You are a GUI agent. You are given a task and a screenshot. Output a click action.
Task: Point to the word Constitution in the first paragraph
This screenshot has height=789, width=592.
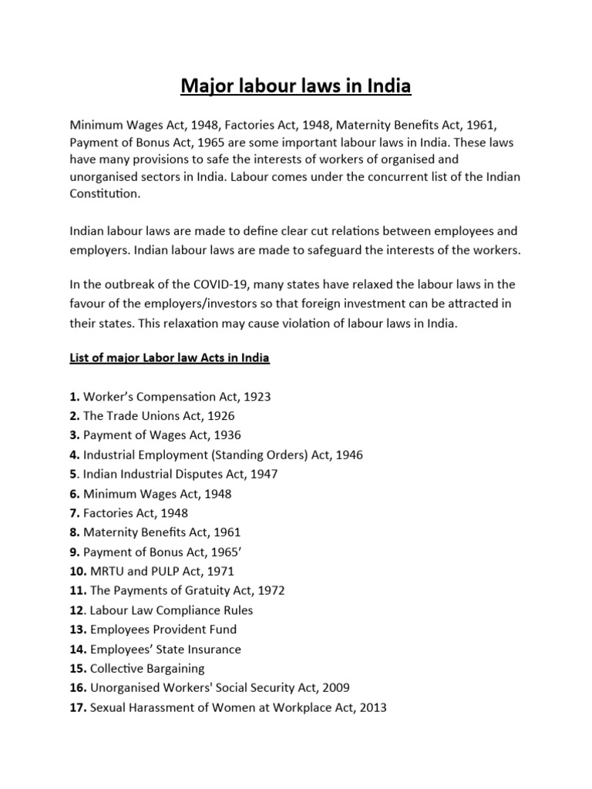[x=106, y=195]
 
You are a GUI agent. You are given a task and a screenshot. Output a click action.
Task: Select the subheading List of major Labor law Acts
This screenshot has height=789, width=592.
[x=170, y=358]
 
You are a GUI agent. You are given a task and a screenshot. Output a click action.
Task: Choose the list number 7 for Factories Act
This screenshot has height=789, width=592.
[x=74, y=512]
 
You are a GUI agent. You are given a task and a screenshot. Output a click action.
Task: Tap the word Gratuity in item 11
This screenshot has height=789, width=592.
[x=208, y=590]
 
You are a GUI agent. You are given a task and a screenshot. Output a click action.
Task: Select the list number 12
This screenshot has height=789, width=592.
[x=77, y=609]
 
